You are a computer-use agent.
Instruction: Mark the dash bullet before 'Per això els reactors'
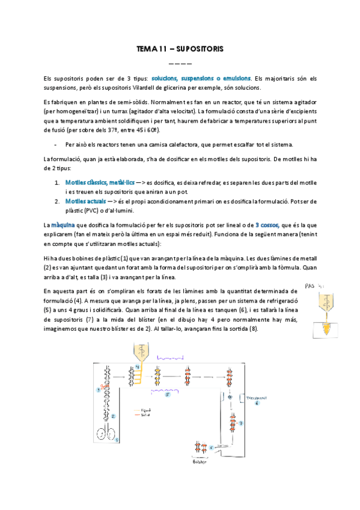click(x=55, y=144)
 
